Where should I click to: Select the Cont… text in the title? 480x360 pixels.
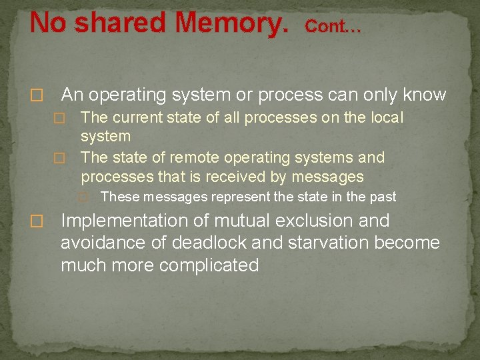coord(333,27)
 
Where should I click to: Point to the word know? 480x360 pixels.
coord(424,95)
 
